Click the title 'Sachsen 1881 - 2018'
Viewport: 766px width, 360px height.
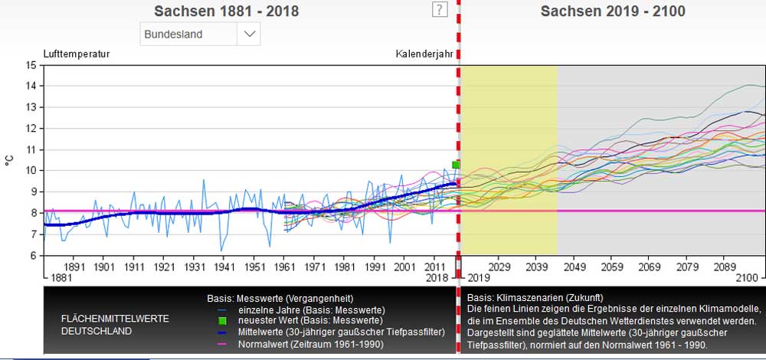tap(227, 11)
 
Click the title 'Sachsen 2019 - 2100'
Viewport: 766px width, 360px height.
tap(613, 11)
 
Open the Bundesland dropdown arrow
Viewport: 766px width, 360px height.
tap(249, 34)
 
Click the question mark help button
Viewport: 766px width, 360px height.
tap(440, 9)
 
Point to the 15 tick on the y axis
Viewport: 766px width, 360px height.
tap(31, 65)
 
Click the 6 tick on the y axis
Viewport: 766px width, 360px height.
tap(31, 255)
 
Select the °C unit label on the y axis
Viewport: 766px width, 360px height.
tap(9, 160)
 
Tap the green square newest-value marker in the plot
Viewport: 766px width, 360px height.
tap(456, 165)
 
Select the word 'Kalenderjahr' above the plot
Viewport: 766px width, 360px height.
tap(424, 54)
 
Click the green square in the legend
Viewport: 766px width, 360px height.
tap(222, 319)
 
